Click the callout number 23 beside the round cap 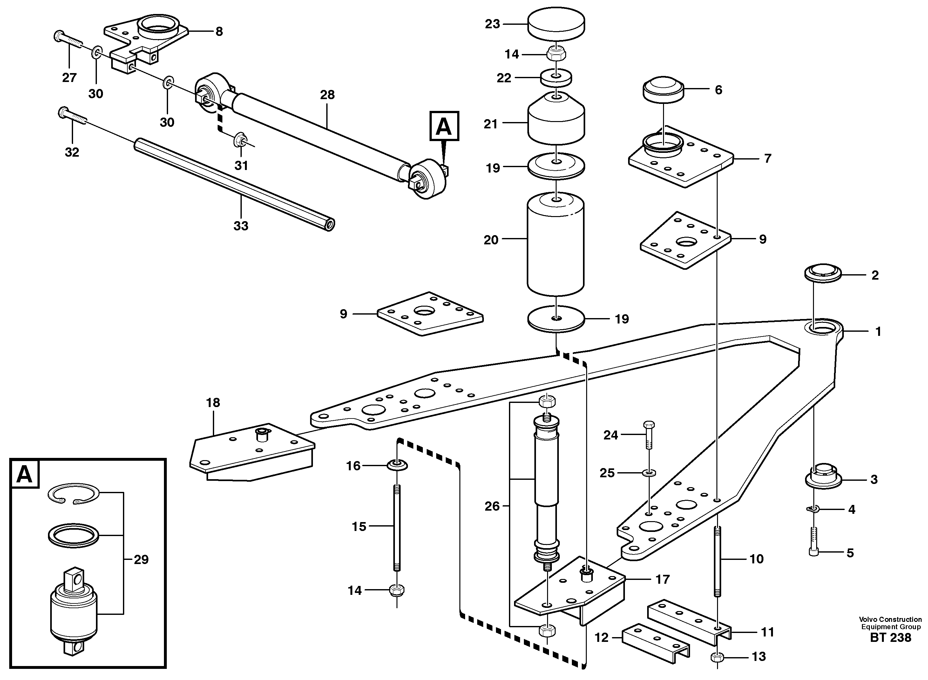coord(492,24)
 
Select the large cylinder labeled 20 coord(556,245)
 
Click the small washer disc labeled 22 coord(556,78)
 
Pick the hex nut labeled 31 coord(239,140)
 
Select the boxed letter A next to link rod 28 coord(444,126)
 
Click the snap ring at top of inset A coord(74,494)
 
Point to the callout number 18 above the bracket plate coord(213,403)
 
